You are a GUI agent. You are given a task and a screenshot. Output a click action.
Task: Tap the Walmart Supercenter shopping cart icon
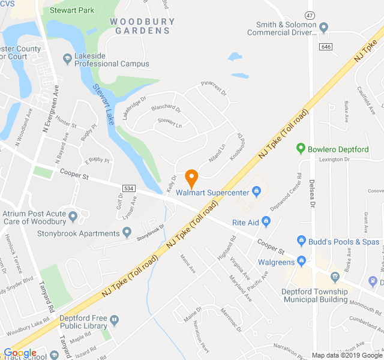[256, 193]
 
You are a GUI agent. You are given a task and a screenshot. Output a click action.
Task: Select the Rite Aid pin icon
[266, 223]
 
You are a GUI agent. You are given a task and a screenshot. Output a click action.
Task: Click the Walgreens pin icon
[301, 262]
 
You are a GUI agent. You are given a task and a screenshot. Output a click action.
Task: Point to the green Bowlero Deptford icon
[301, 148]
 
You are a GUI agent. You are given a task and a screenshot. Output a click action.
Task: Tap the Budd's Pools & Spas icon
[301, 241]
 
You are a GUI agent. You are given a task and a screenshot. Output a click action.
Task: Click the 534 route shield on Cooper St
[128, 188]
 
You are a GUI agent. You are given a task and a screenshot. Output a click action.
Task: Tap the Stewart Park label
[72, 10]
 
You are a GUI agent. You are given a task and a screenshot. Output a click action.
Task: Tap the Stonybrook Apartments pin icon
[127, 232]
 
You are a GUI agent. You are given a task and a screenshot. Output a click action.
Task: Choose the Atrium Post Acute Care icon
[73, 216]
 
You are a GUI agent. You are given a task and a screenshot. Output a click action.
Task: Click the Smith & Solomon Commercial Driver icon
[323, 27]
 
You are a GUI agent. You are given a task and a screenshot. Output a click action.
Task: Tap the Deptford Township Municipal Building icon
[335, 276]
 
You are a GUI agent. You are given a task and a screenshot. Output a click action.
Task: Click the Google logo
[20, 353]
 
